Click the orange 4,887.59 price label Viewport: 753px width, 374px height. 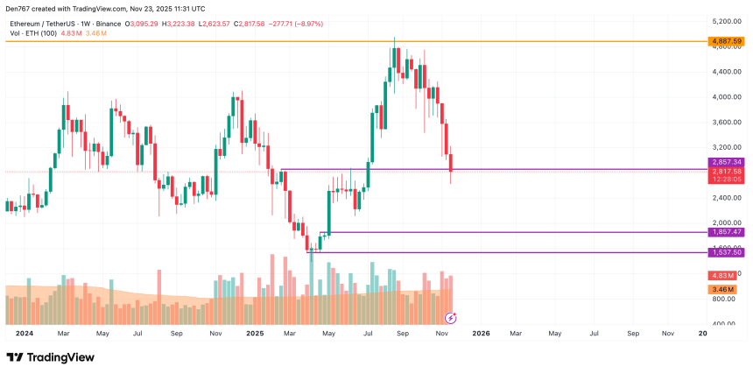[x=727, y=41]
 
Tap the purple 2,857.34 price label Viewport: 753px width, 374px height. [x=727, y=162]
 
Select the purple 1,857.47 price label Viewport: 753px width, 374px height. [x=727, y=232]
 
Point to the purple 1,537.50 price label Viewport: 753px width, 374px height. [x=727, y=252]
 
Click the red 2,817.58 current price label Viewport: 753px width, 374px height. [x=727, y=171]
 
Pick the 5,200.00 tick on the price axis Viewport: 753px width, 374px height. [x=727, y=21]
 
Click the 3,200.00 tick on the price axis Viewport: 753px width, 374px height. [x=727, y=147]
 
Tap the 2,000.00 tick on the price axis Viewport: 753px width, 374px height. [x=727, y=222]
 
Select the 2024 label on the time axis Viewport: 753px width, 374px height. [x=25, y=334]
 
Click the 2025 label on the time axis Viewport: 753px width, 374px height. [x=255, y=334]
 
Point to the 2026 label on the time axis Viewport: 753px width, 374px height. [x=481, y=334]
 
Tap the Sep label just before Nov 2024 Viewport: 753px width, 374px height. [x=176, y=334]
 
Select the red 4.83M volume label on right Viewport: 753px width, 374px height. [x=723, y=275]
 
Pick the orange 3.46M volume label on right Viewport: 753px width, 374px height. [x=723, y=288]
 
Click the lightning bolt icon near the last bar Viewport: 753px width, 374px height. [x=451, y=316]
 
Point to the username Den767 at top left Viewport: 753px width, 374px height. [x=19, y=9]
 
